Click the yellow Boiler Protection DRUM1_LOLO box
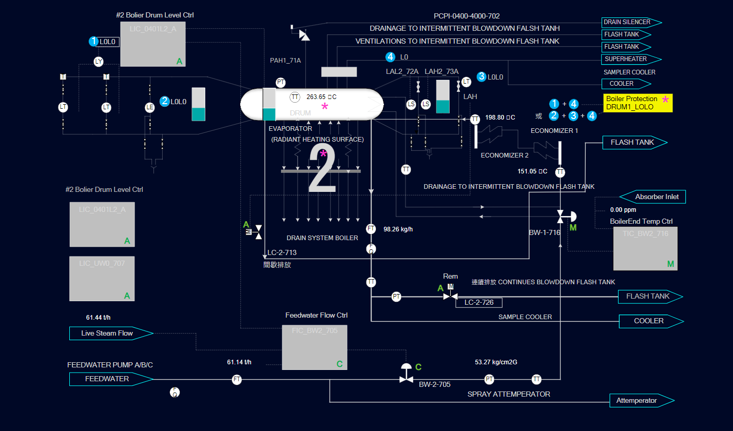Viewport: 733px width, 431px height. coord(637,103)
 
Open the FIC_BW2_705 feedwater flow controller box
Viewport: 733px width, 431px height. coord(315,347)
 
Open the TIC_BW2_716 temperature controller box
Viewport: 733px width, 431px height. coord(645,248)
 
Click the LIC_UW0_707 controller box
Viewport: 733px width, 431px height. coord(102,279)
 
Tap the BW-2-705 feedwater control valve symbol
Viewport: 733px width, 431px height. coord(406,379)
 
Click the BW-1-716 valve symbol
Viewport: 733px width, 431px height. coord(561,215)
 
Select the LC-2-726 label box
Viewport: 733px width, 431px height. coord(478,303)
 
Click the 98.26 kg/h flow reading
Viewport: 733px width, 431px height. coord(398,229)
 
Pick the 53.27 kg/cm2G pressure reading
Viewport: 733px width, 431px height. coord(496,362)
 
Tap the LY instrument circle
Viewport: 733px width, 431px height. coord(99,62)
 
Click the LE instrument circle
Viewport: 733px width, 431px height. coord(149,107)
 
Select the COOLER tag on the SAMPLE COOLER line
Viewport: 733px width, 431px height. coord(649,321)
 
